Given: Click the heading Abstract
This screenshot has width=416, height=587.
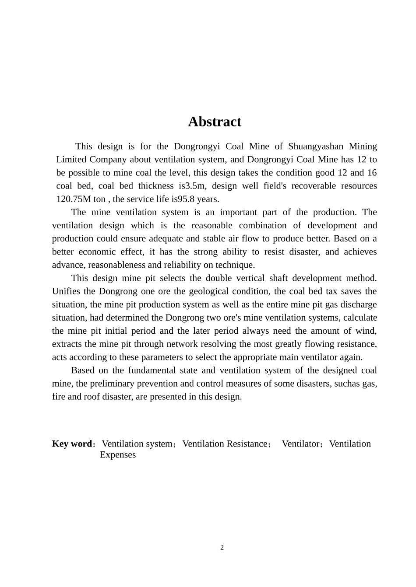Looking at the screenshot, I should tap(215, 122).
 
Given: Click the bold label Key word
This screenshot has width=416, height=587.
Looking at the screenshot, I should tap(72, 444).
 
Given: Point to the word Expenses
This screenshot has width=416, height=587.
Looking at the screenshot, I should tap(118, 455).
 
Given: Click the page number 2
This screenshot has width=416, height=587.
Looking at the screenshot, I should tap(222, 548).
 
